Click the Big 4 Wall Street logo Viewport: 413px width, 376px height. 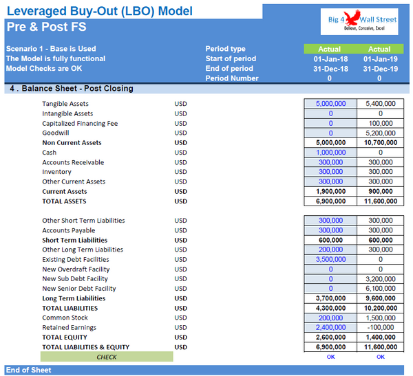click(362, 25)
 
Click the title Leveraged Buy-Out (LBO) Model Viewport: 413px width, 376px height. click(99, 11)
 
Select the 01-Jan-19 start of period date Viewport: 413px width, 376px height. click(379, 59)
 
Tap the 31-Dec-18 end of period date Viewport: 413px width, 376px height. click(330, 69)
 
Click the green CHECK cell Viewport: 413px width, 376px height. click(107, 357)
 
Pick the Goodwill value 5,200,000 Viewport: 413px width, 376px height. click(380, 133)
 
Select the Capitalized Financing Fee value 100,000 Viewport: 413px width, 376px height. click(380, 124)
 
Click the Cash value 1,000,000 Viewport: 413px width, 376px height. click(330, 153)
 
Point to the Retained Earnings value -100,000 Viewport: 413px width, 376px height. click(380, 328)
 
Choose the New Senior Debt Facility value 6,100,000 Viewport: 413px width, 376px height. click(380, 289)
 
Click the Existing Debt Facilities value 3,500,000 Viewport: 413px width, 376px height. click(330, 260)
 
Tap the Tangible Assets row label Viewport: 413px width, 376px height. click(65, 104)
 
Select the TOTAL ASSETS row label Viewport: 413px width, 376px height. click(64, 201)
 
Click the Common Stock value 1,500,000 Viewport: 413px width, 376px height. click(380, 318)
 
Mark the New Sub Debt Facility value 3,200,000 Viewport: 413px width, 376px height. click(380, 279)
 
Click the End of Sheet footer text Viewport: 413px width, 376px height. click(29, 370)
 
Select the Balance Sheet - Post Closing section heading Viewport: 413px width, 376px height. click(71, 89)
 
